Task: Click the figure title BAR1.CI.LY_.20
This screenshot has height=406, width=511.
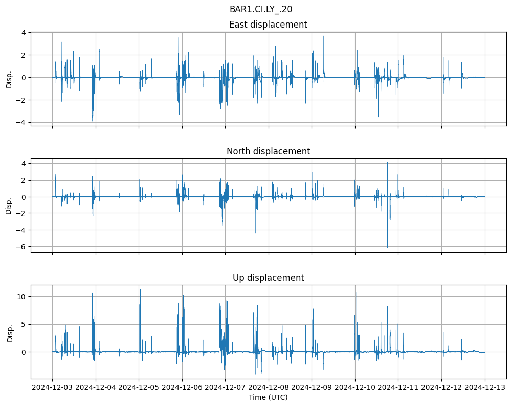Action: (x=261, y=9)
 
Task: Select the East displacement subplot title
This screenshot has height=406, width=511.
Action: (x=268, y=25)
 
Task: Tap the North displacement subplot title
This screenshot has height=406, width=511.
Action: (x=268, y=151)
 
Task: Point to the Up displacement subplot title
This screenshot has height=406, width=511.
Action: (x=268, y=278)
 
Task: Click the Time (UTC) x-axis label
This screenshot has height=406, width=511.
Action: (x=268, y=397)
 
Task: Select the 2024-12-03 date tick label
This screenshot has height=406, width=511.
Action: (x=52, y=388)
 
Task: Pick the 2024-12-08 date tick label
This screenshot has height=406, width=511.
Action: (x=269, y=388)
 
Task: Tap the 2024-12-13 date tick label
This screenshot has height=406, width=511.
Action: (x=485, y=388)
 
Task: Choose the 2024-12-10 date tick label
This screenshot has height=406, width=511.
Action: (x=355, y=388)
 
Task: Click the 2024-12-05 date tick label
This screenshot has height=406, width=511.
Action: (x=139, y=388)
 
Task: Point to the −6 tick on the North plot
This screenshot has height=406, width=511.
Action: (x=23, y=247)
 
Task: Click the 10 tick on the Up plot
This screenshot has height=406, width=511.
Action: (x=22, y=297)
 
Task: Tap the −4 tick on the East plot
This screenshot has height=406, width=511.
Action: (x=23, y=123)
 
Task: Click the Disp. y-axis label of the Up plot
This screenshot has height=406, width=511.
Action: (x=9, y=332)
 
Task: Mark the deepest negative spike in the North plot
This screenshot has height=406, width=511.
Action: (x=387, y=247)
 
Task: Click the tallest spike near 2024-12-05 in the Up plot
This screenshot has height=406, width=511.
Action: (x=140, y=290)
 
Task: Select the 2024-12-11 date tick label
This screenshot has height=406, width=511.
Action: (x=398, y=388)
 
